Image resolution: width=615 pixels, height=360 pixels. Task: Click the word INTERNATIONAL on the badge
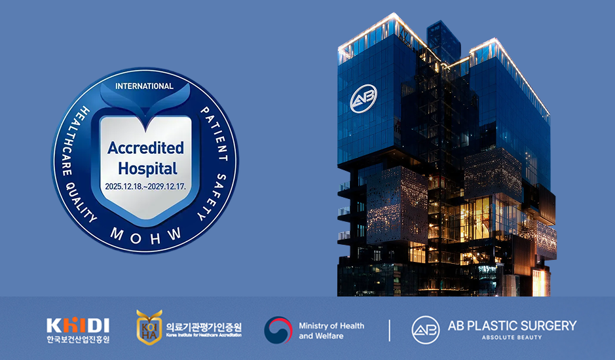click(x=144, y=86)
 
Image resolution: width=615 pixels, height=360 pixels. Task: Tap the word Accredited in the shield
click(x=145, y=148)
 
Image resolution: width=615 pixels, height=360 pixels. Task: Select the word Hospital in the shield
click(x=145, y=168)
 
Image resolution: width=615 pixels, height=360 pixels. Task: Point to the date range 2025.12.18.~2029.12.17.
click(x=145, y=187)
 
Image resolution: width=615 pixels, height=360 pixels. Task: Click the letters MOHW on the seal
click(x=145, y=233)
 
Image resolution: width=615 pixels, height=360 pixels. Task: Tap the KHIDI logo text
click(x=78, y=325)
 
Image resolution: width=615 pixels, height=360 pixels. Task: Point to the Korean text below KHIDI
click(x=78, y=339)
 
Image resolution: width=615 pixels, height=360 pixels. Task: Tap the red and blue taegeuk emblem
click(x=278, y=331)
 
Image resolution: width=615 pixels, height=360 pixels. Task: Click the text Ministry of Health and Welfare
click(x=331, y=331)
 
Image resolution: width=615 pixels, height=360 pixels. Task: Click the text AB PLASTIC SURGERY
click(x=512, y=325)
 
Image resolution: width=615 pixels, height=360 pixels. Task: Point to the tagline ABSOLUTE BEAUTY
click(x=512, y=338)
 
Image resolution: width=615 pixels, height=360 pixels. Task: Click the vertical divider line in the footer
click(x=390, y=331)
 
